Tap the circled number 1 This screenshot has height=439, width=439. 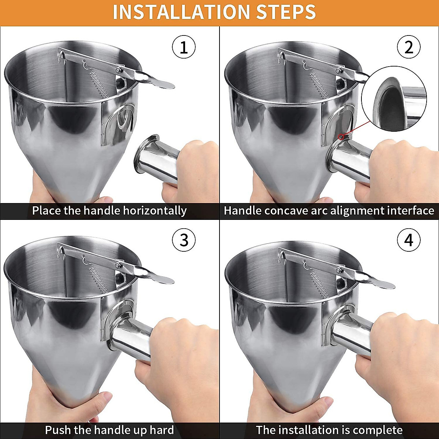pyautogui.click(x=184, y=48)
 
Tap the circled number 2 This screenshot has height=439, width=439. pyautogui.click(x=409, y=48)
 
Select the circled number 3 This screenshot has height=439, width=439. pyautogui.click(x=184, y=240)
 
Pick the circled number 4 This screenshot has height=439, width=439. pyautogui.click(x=409, y=240)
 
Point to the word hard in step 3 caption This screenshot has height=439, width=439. pyautogui.click(x=160, y=429)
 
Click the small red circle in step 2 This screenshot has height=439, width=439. pyautogui.click(x=342, y=137)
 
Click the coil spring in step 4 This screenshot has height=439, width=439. pyautogui.click(x=320, y=280)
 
